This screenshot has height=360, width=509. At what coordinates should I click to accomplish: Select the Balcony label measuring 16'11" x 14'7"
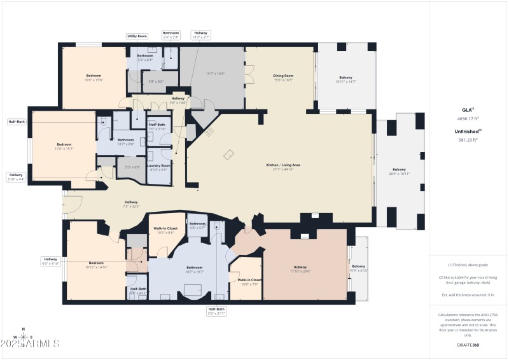coord(345,78)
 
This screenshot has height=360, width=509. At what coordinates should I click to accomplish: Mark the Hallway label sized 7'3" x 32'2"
coord(131,202)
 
